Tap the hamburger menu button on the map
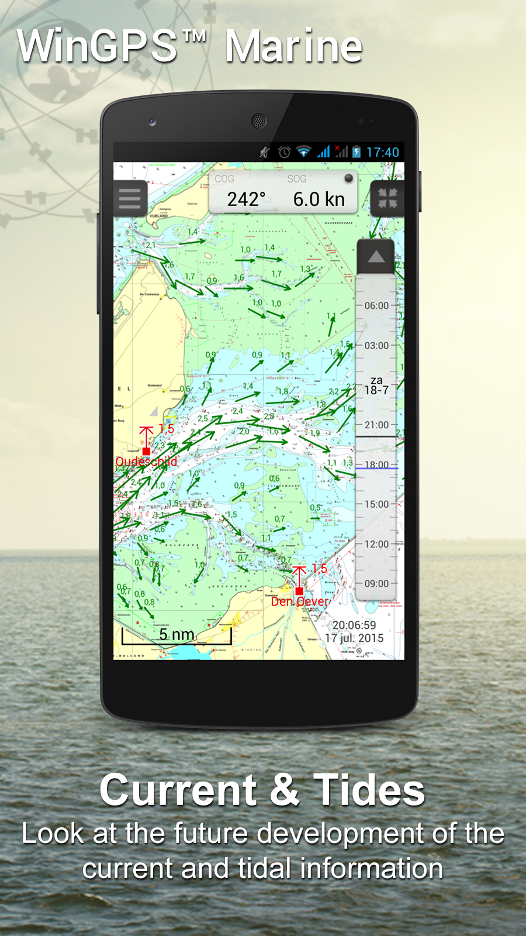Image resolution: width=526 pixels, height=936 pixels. pyautogui.click(x=130, y=199)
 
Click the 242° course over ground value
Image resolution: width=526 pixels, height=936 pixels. pyautogui.click(x=246, y=199)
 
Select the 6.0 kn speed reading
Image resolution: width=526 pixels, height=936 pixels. pyautogui.click(x=319, y=199)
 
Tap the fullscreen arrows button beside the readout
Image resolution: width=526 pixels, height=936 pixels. pyautogui.click(x=387, y=199)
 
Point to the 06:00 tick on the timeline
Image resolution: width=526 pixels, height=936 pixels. pyautogui.click(x=376, y=305)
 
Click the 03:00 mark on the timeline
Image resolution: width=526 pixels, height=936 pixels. pyautogui.click(x=376, y=345)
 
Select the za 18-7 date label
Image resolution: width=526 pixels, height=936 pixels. pyautogui.click(x=376, y=386)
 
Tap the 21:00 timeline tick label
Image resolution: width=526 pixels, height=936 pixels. pyautogui.click(x=376, y=425)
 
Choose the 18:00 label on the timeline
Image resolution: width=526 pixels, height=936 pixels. pyautogui.click(x=376, y=464)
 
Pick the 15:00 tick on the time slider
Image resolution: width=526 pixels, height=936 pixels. pyautogui.click(x=376, y=504)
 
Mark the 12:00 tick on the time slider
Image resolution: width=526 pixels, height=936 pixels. pyautogui.click(x=376, y=544)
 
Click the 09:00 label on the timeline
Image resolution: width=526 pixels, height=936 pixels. pyautogui.click(x=376, y=584)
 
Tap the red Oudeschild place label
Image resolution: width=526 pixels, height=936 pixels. pyautogui.click(x=146, y=462)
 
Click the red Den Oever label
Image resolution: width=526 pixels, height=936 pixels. pyautogui.click(x=300, y=601)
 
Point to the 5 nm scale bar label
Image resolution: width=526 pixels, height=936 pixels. pyautogui.click(x=177, y=634)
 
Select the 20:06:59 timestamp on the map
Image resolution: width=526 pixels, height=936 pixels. pyautogui.click(x=354, y=625)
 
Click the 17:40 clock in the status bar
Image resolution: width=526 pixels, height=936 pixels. pyautogui.click(x=383, y=153)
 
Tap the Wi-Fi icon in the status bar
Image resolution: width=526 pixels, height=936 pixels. pyautogui.click(x=303, y=152)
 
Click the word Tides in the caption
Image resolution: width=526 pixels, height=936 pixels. pyautogui.click(x=369, y=790)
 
